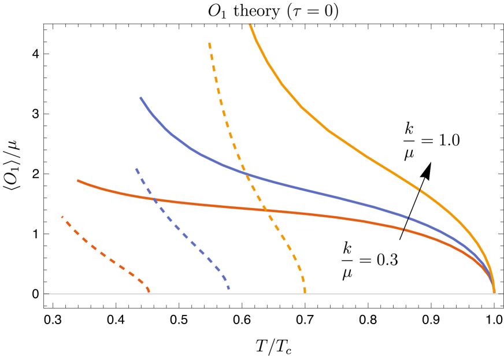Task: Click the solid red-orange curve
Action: (x=231, y=207)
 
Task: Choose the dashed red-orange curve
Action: (x=104, y=254)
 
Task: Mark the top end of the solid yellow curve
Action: (x=250, y=24)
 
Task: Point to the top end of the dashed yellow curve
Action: (x=209, y=43)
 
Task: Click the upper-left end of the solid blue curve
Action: (x=140, y=98)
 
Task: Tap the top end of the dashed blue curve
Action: (x=136, y=169)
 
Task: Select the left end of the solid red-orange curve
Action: (x=78, y=180)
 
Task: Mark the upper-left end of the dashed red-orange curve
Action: (x=62, y=217)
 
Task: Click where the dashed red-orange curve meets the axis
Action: (x=149, y=292)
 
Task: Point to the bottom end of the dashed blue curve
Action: (x=229, y=288)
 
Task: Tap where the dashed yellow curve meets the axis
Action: (x=305, y=292)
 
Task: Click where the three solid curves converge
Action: (x=494, y=292)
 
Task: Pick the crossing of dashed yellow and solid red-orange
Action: (x=265, y=210)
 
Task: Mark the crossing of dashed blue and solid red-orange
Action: (x=154, y=199)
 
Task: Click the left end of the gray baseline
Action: (x=45, y=294)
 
